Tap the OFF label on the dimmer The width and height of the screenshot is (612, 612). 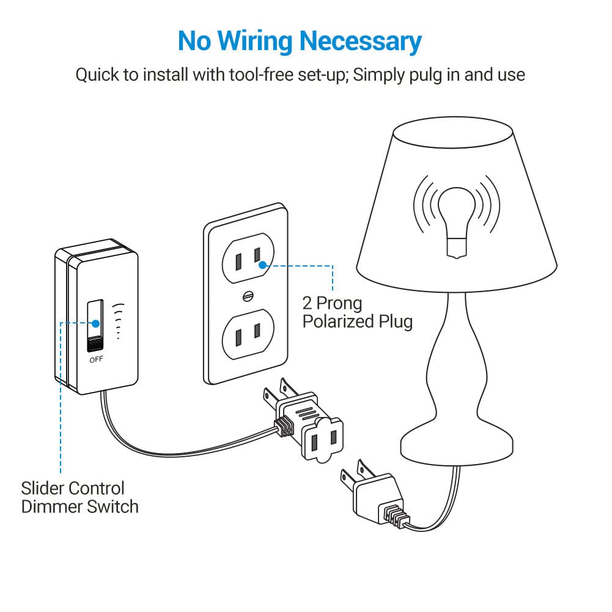96,359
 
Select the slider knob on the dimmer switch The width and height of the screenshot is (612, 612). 95,344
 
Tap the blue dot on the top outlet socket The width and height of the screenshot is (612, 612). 262,265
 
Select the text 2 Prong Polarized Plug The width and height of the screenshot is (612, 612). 357,312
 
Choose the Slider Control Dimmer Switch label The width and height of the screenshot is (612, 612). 79,497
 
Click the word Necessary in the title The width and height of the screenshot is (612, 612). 360,41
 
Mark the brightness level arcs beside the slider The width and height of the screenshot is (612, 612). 117,320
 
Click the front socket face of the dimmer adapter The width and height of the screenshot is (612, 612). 323,438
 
